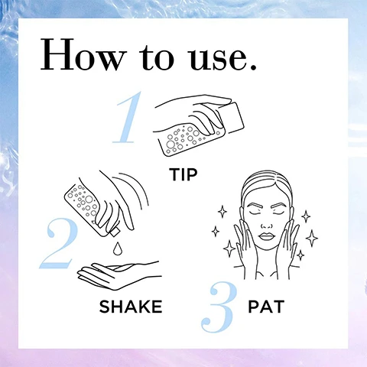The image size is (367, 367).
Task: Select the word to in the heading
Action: tap(152, 57)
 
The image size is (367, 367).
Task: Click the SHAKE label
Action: tap(130, 307)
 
